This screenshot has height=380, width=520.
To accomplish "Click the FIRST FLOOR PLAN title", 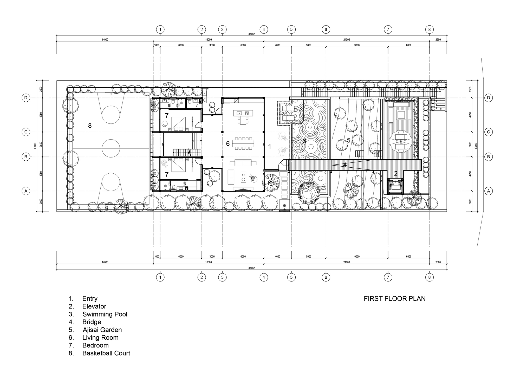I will click(394, 298).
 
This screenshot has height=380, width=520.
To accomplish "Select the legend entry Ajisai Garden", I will click(102, 330).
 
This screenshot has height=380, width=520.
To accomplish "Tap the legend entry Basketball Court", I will click(106, 353).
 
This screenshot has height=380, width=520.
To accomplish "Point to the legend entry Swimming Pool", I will click(105, 314).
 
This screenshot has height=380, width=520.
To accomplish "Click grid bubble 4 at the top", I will click(264, 29).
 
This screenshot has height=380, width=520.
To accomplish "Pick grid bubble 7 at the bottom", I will click(388, 277).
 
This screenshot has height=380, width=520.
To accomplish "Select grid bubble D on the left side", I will click(26, 98).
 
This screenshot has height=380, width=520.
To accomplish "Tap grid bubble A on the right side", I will click(488, 191).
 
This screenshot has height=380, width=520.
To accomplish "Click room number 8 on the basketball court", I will click(90, 126).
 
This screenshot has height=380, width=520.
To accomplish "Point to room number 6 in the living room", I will click(228, 143).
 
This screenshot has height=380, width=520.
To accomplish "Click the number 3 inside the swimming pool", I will click(304, 141).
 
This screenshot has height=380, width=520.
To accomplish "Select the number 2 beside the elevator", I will click(396, 173).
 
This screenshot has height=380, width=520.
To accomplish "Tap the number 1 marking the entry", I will click(270, 147).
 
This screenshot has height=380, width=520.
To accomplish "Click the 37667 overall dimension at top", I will click(251, 34).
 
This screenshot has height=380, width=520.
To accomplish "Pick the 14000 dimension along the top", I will click(105, 40).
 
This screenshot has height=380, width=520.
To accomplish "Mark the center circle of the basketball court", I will click(111, 148).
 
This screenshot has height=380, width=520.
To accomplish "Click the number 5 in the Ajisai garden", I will click(348, 140).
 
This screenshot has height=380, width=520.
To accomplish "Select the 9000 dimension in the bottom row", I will click(357, 257).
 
